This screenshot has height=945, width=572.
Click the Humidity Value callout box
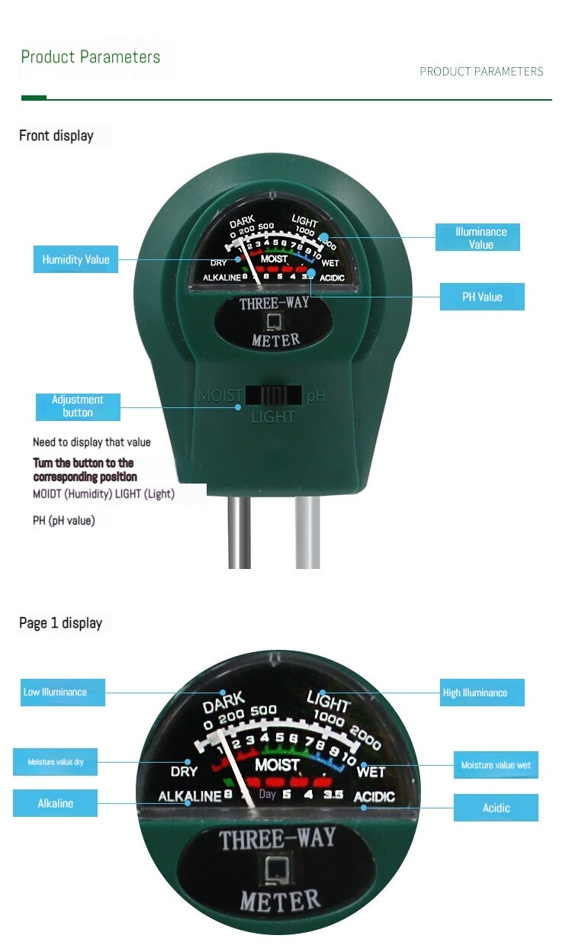[x=76, y=259]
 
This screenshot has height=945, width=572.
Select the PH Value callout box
[x=482, y=297]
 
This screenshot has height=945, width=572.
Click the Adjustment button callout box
[x=78, y=406]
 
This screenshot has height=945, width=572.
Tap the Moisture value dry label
[x=56, y=762]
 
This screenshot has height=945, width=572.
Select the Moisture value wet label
[x=496, y=765]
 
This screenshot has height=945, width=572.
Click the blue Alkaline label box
[x=56, y=803]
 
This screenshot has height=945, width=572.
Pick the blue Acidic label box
[x=496, y=808]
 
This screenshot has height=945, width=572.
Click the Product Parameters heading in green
[x=91, y=57]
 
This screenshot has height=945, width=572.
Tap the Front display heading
[x=56, y=136]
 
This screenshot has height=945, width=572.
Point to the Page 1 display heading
[x=61, y=623]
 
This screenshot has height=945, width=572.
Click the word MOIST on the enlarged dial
[x=277, y=764]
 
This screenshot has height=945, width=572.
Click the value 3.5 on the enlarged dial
[x=333, y=795]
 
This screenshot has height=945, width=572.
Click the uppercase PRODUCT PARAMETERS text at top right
[x=481, y=72]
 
